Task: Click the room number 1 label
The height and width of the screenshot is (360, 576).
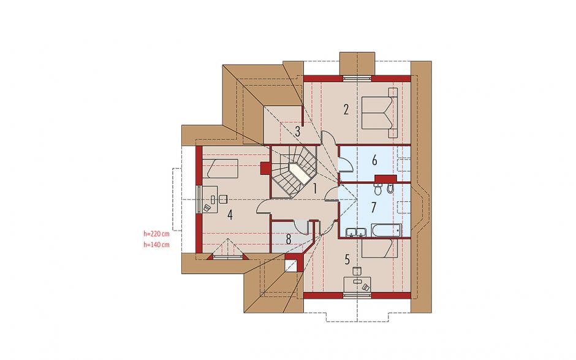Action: [315, 189]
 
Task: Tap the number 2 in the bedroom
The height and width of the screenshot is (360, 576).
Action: [346, 110]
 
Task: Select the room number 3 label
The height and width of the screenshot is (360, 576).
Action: [298, 131]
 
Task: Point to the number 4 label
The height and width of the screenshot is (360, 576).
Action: [230, 215]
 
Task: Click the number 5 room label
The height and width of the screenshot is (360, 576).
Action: [347, 259]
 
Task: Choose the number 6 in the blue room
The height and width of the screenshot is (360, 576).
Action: [374, 160]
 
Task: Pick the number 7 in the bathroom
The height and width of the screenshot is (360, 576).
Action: [374, 207]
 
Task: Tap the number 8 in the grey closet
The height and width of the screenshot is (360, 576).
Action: [289, 239]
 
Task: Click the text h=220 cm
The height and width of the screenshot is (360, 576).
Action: [156, 233]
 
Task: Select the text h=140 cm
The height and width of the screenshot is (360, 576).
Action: [156, 245]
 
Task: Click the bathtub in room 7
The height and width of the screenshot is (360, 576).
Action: [385, 230]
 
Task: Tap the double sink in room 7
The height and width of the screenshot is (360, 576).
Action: [356, 232]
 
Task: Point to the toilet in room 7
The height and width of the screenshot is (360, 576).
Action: [378, 189]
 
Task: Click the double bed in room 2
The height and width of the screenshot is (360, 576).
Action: [379, 112]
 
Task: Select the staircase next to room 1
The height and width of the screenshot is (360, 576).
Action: [294, 171]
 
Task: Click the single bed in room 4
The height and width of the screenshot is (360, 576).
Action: [220, 169]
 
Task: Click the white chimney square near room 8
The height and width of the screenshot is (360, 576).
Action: [292, 266]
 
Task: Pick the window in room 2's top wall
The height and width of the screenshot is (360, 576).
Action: [357, 78]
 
